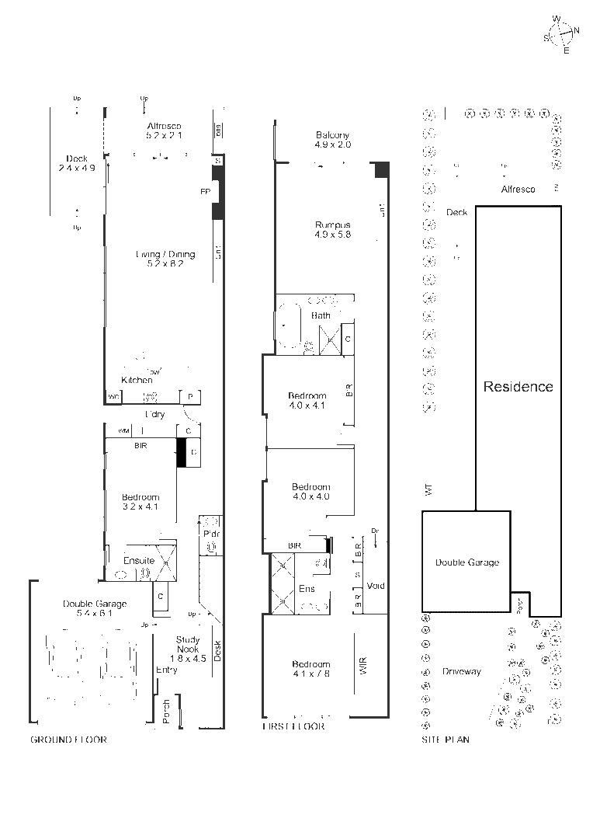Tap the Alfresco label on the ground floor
tap(164, 126)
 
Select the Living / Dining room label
tap(165, 254)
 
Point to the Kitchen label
tap(137, 380)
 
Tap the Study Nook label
tap(188, 644)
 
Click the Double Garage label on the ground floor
tap(95, 604)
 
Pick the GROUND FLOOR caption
tap(68, 740)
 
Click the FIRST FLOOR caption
tap(293, 726)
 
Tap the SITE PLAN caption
tap(445, 740)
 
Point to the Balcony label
tap(333, 135)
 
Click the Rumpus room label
tap(333, 225)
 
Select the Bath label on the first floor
tap(321, 315)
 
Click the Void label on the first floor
tap(376, 586)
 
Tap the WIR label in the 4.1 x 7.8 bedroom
tap(363, 665)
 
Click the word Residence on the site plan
tap(518, 386)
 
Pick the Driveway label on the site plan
tap(462, 671)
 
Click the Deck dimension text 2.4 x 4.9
tap(77, 167)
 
